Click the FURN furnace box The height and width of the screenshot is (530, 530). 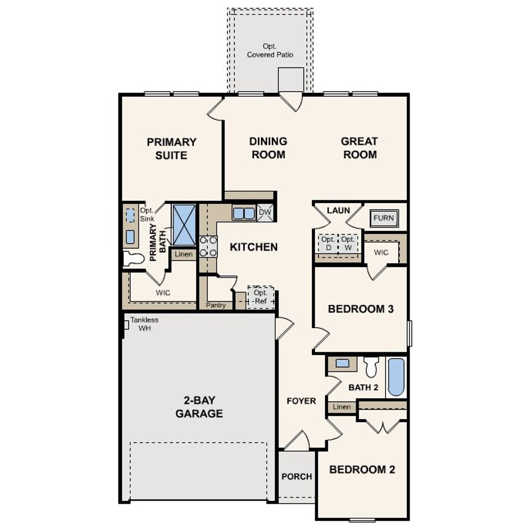coord(384,218)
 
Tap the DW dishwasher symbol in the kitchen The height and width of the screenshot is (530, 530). coord(265,213)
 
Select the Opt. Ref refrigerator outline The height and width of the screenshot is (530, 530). coord(260,297)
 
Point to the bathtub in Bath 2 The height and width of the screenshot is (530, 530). coord(396,377)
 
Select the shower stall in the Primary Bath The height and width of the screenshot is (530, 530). coord(183,225)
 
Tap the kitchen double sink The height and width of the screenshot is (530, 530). coord(243,213)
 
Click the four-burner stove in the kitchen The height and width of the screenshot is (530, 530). coord(208,246)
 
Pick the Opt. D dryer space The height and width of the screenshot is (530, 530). coord(328,244)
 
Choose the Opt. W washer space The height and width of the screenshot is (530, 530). coord(348,244)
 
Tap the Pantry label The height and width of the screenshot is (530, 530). coord(216,305)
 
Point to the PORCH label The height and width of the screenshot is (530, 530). coord(296,477)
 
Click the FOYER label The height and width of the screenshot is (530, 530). coord(301,401)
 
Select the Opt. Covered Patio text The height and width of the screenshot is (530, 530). coord(270,51)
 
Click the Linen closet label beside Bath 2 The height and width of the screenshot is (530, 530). coord(342,407)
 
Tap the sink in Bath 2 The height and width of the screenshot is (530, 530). coord(342,363)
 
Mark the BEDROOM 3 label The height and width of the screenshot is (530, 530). coord(360,309)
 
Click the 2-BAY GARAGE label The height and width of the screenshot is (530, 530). coord(199,407)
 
